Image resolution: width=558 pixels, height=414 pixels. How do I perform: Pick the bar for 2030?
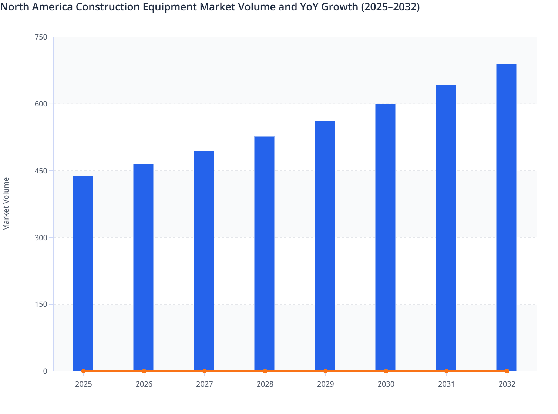[385, 237]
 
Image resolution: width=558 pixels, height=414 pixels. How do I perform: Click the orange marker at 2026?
[144, 371]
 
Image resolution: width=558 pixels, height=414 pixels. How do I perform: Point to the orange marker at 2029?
[325, 371]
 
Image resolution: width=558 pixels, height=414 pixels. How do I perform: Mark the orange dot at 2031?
[446, 371]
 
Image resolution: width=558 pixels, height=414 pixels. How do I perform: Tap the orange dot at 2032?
[507, 371]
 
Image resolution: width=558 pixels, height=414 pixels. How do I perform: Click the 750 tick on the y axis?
[41, 37]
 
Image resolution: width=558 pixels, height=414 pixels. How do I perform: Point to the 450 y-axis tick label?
[41, 171]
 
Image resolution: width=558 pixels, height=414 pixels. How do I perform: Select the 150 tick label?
[41, 304]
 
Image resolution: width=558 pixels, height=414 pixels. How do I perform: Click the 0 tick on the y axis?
[45, 371]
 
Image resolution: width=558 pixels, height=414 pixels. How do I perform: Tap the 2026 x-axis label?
[144, 384]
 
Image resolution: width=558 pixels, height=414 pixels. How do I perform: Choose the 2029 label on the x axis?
[325, 384]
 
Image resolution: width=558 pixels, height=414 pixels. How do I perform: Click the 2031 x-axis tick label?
[446, 384]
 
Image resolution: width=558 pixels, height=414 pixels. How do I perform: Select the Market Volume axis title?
[6, 204]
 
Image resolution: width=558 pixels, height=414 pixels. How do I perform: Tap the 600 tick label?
[41, 104]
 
